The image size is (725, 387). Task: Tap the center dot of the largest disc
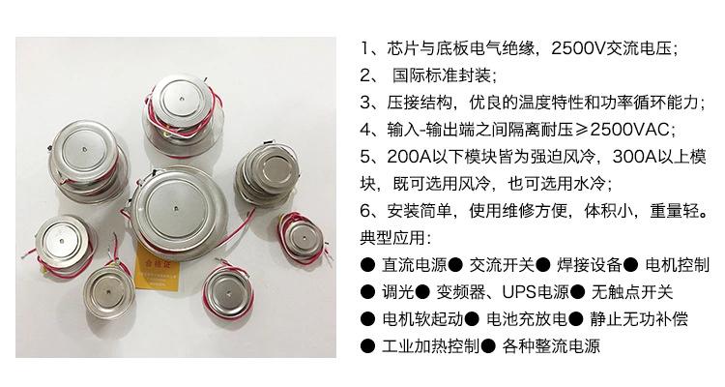click(176, 209)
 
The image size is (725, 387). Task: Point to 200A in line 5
click(409, 157)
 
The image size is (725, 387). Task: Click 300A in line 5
click(634, 157)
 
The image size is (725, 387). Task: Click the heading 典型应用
click(392, 238)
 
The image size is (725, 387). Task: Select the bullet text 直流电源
click(415, 265)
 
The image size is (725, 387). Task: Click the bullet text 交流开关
click(502, 265)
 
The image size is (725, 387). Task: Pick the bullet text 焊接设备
click(589, 265)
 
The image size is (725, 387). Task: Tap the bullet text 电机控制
click(677, 265)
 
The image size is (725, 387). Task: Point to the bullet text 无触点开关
click(632, 292)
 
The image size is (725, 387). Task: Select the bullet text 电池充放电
click(527, 319)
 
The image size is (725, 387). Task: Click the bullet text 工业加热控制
click(430, 346)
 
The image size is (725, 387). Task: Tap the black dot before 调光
click(367, 292)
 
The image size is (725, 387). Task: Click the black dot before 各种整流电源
click(488, 346)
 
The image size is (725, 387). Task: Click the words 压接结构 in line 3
click(420, 103)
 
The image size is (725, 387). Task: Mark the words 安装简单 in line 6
click(420, 211)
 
